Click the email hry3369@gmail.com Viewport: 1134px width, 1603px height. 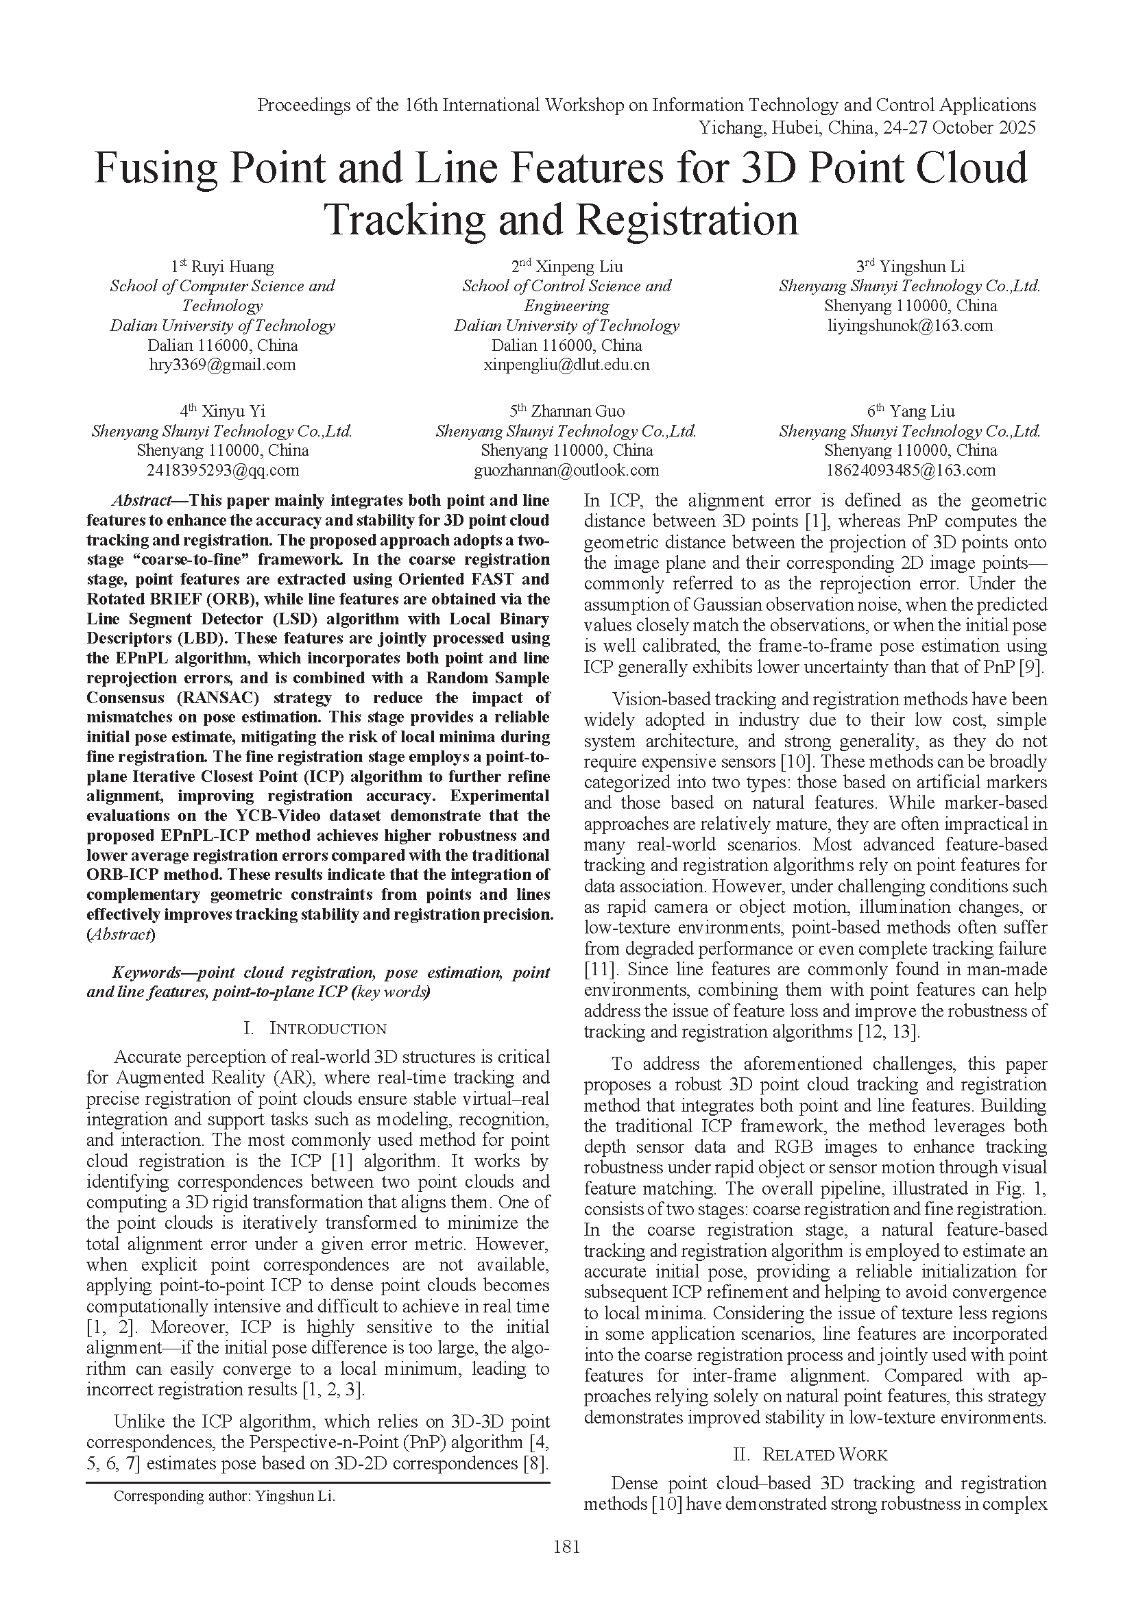click(x=222, y=365)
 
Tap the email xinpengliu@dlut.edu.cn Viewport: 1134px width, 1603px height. click(x=566, y=365)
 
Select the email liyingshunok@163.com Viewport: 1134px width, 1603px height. click(x=910, y=326)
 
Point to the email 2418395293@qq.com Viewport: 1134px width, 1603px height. click(x=222, y=470)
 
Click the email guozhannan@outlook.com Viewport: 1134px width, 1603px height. click(x=566, y=470)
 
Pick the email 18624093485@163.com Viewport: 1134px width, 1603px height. click(x=910, y=470)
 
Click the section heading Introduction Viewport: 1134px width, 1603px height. click(x=328, y=1029)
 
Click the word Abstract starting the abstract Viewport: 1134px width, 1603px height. click(x=142, y=500)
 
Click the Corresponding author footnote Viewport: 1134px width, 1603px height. click(x=224, y=1496)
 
